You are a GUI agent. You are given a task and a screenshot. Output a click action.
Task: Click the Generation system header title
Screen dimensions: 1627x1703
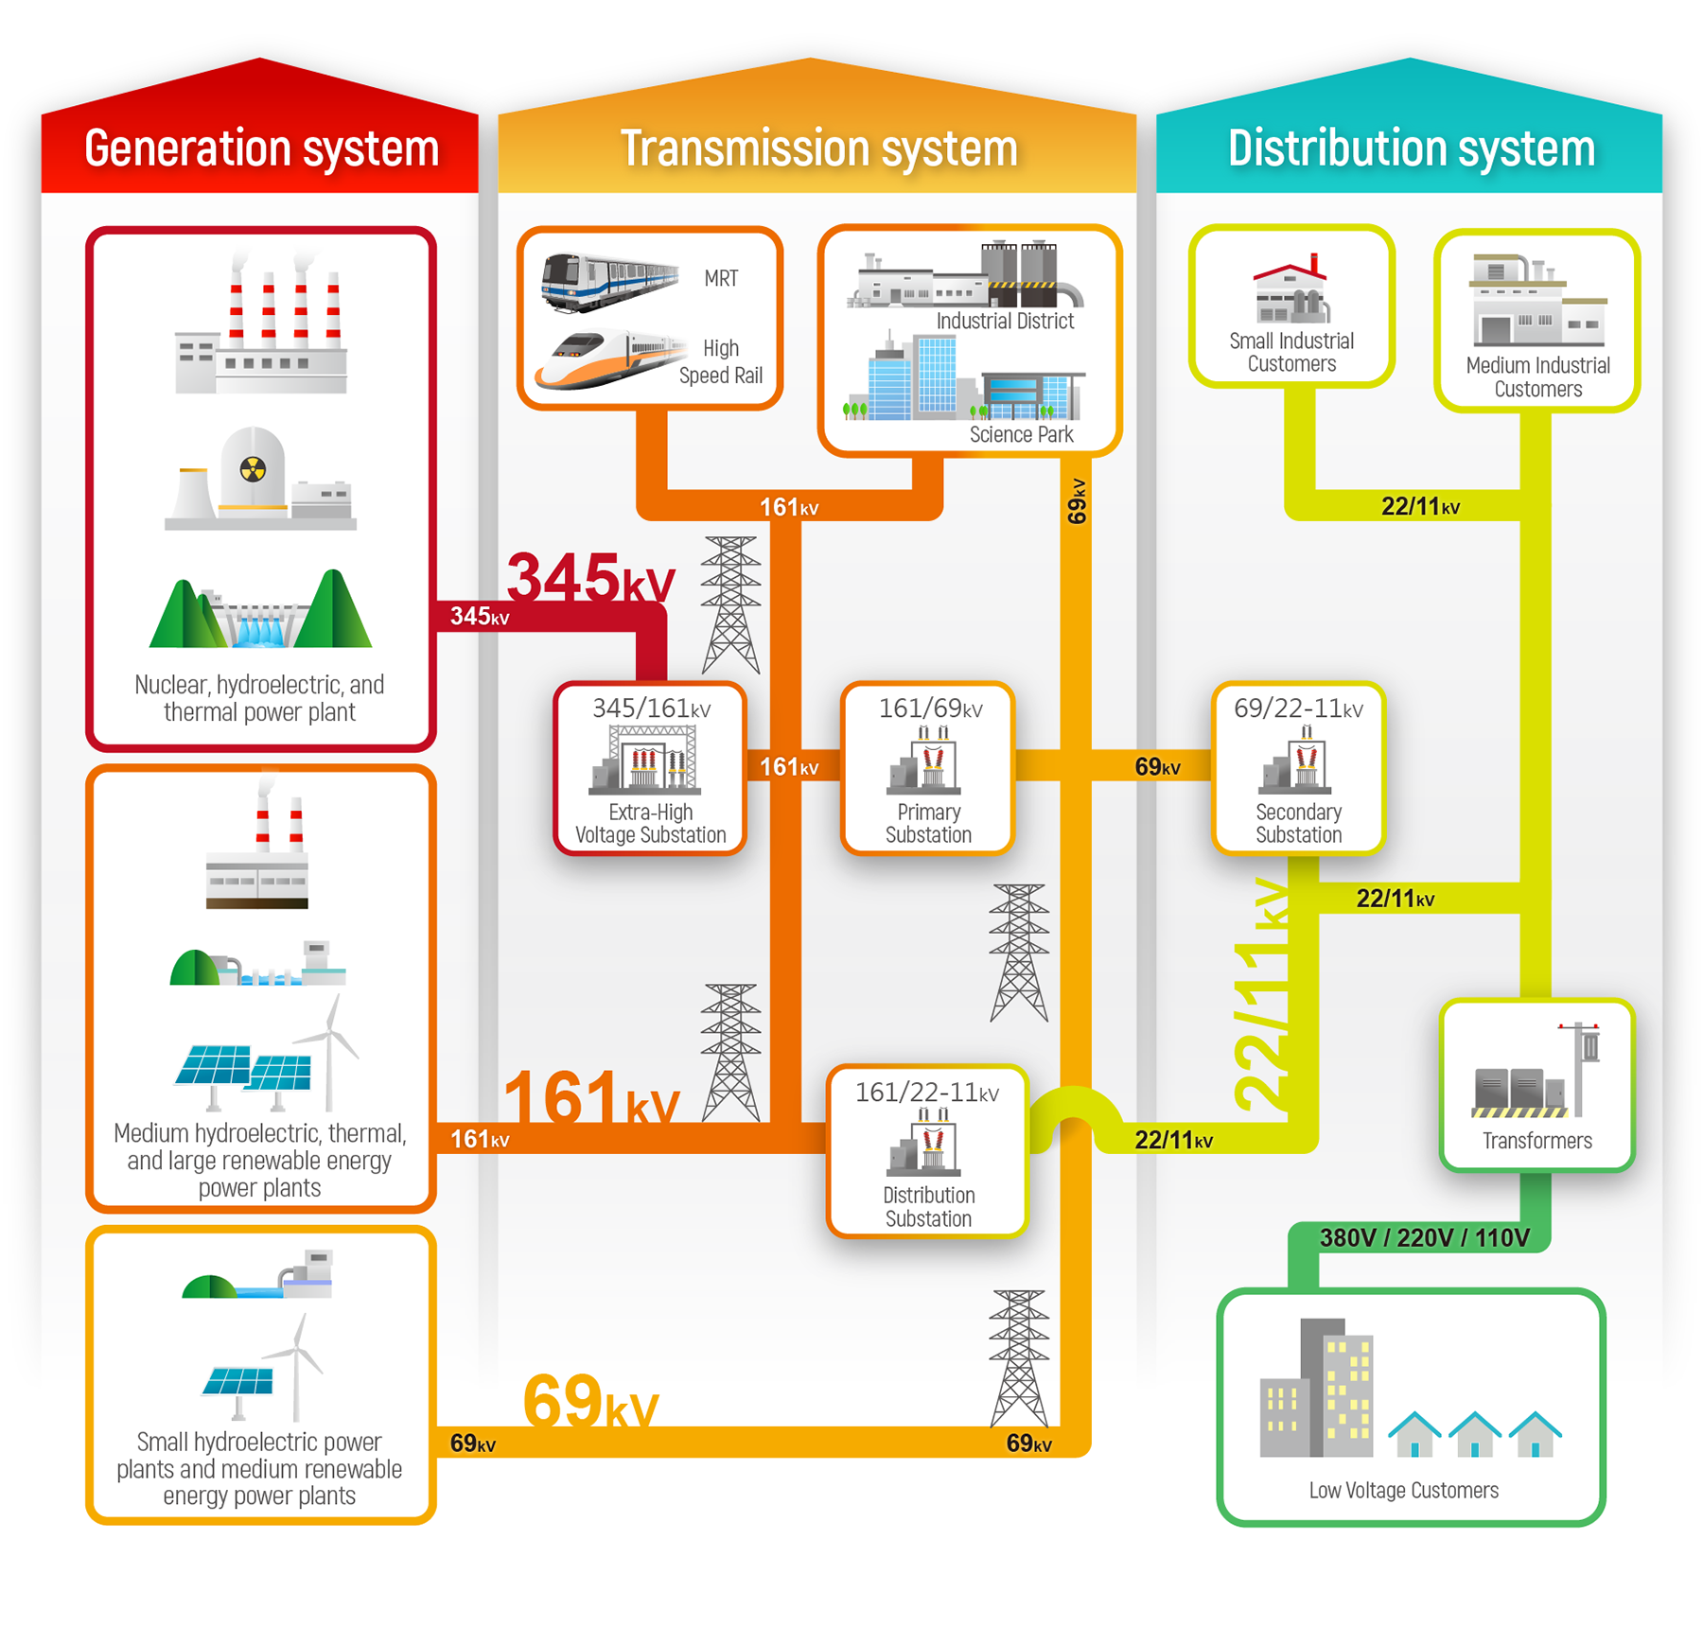(261, 149)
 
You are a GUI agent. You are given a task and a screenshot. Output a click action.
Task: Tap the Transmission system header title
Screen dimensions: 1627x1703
(818, 149)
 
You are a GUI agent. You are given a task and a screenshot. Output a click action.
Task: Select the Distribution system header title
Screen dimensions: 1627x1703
(1411, 149)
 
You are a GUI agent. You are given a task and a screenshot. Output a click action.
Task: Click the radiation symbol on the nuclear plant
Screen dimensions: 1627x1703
(253, 468)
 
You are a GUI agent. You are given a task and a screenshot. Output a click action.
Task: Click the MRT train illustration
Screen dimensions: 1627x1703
(608, 281)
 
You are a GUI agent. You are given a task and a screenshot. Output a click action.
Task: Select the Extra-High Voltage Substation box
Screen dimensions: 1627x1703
(650, 768)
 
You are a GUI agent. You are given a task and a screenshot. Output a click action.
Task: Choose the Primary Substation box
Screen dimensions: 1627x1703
(927, 768)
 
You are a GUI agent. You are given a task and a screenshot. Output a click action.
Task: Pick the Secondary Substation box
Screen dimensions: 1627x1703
(1298, 768)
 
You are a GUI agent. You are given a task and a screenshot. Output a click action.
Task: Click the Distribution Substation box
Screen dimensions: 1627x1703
(927, 1151)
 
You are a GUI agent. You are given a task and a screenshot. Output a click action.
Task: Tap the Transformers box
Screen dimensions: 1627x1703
(1536, 1085)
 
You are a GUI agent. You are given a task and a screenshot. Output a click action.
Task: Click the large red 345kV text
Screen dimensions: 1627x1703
(590, 577)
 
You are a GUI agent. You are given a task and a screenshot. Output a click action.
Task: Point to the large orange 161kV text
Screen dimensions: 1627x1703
(590, 1097)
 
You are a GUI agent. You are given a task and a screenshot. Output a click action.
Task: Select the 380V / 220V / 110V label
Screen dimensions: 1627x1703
(1424, 1237)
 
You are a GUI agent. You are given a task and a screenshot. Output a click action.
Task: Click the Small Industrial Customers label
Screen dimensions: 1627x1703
(1291, 352)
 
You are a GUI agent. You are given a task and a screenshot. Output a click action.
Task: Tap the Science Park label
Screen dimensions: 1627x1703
(1021, 434)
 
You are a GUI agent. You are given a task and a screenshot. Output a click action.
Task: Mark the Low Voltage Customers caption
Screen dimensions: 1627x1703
(1403, 1490)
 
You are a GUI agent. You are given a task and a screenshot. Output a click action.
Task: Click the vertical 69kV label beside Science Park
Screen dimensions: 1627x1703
(1077, 501)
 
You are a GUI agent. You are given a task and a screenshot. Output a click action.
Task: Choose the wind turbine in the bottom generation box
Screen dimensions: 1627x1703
(297, 1367)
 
